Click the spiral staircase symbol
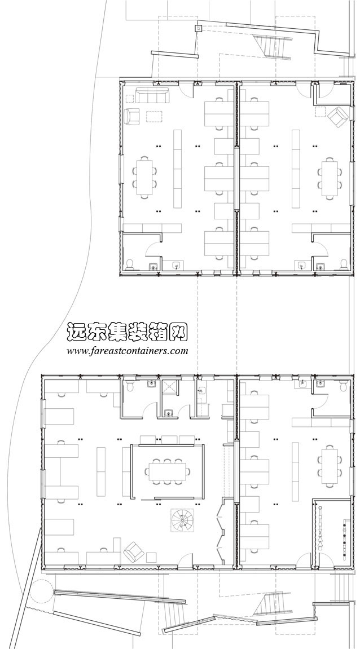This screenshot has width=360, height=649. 182,519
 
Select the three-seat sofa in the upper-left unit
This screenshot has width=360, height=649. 152,96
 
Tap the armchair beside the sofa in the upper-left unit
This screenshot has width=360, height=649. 132,116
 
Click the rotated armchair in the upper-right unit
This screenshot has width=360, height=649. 339,116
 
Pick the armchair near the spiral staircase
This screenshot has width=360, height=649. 135,551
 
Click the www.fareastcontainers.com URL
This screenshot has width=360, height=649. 127,351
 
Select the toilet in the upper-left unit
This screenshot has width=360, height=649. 130,263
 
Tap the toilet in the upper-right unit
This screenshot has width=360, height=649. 344,263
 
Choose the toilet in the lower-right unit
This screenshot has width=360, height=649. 343,385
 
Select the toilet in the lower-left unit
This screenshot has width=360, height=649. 130,385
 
